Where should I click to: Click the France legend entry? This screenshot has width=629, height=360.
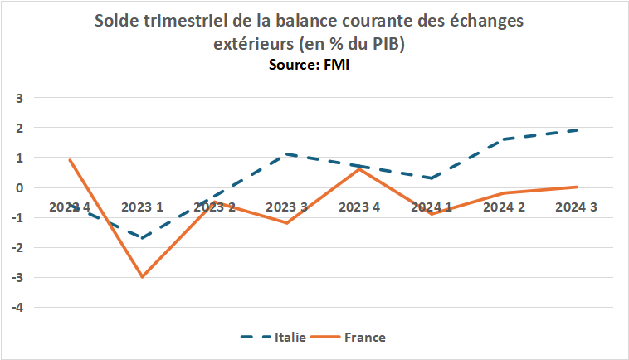pyautogui.click(x=366, y=338)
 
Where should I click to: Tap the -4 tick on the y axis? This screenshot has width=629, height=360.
pyautogui.click(x=17, y=307)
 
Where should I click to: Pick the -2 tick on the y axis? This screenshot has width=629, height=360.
pyautogui.click(x=17, y=247)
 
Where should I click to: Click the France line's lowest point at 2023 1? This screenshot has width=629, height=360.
pyautogui.click(x=142, y=277)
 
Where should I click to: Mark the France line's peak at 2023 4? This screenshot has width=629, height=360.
pyautogui.click(x=359, y=169)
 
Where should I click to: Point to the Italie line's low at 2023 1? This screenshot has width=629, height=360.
pyautogui.click(x=142, y=238)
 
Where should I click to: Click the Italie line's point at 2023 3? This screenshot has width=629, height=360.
pyautogui.click(x=287, y=154)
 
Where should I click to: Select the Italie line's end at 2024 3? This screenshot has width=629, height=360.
pyautogui.click(x=576, y=130)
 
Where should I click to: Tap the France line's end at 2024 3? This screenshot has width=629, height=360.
pyautogui.click(x=576, y=187)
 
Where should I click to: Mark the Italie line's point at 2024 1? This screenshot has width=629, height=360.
pyautogui.click(x=432, y=178)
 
